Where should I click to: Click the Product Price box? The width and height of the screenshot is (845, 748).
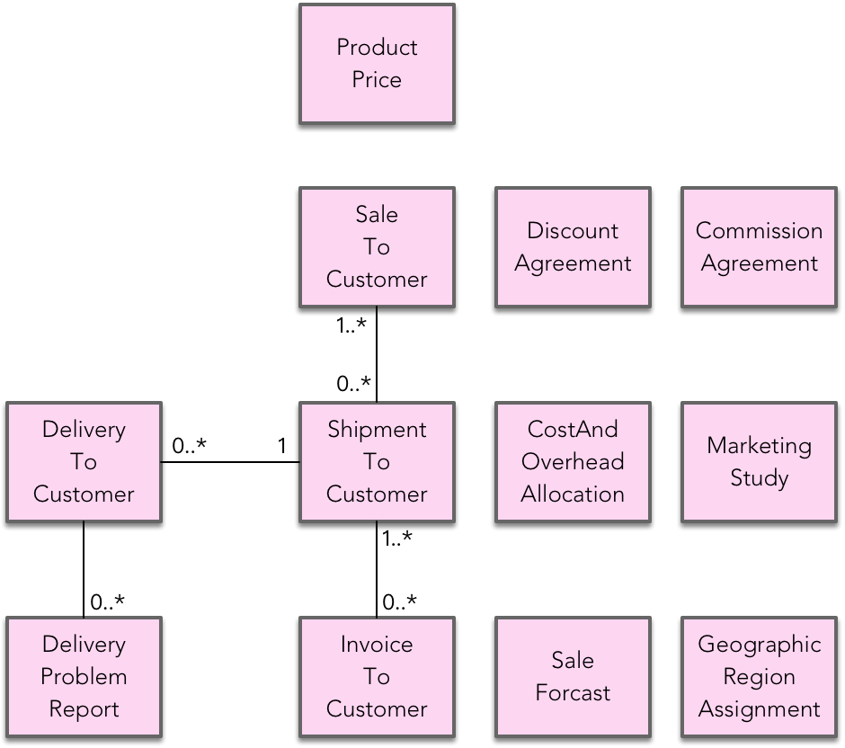[377, 64]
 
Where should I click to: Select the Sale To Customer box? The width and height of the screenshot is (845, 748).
[377, 247]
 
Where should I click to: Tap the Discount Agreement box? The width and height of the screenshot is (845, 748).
[573, 247]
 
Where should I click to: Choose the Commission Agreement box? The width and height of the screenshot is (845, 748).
[759, 247]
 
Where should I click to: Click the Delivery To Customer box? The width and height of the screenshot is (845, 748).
[84, 462]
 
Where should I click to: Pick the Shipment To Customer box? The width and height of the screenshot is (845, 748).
[377, 462]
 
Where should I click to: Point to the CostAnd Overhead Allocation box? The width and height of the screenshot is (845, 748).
[573, 462]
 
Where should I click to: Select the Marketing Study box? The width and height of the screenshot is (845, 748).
[759, 462]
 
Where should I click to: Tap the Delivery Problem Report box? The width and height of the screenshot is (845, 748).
[84, 677]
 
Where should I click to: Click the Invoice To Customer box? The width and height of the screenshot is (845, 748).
[377, 677]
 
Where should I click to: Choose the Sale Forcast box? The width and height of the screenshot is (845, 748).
[573, 677]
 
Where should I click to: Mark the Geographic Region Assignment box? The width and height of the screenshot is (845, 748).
[759, 677]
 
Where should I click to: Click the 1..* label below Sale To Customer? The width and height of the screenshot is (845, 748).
[351, 326]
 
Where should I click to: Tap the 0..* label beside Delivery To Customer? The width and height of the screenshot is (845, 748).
[190, 445]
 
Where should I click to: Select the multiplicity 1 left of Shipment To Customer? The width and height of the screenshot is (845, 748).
[282, 445]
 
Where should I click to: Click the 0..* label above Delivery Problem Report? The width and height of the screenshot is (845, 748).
[107, 602]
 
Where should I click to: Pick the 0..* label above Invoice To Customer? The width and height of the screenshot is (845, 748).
[400, 602]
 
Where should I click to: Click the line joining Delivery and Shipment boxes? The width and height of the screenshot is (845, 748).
[230, 462]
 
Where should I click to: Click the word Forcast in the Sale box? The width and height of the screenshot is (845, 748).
[573, 693]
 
